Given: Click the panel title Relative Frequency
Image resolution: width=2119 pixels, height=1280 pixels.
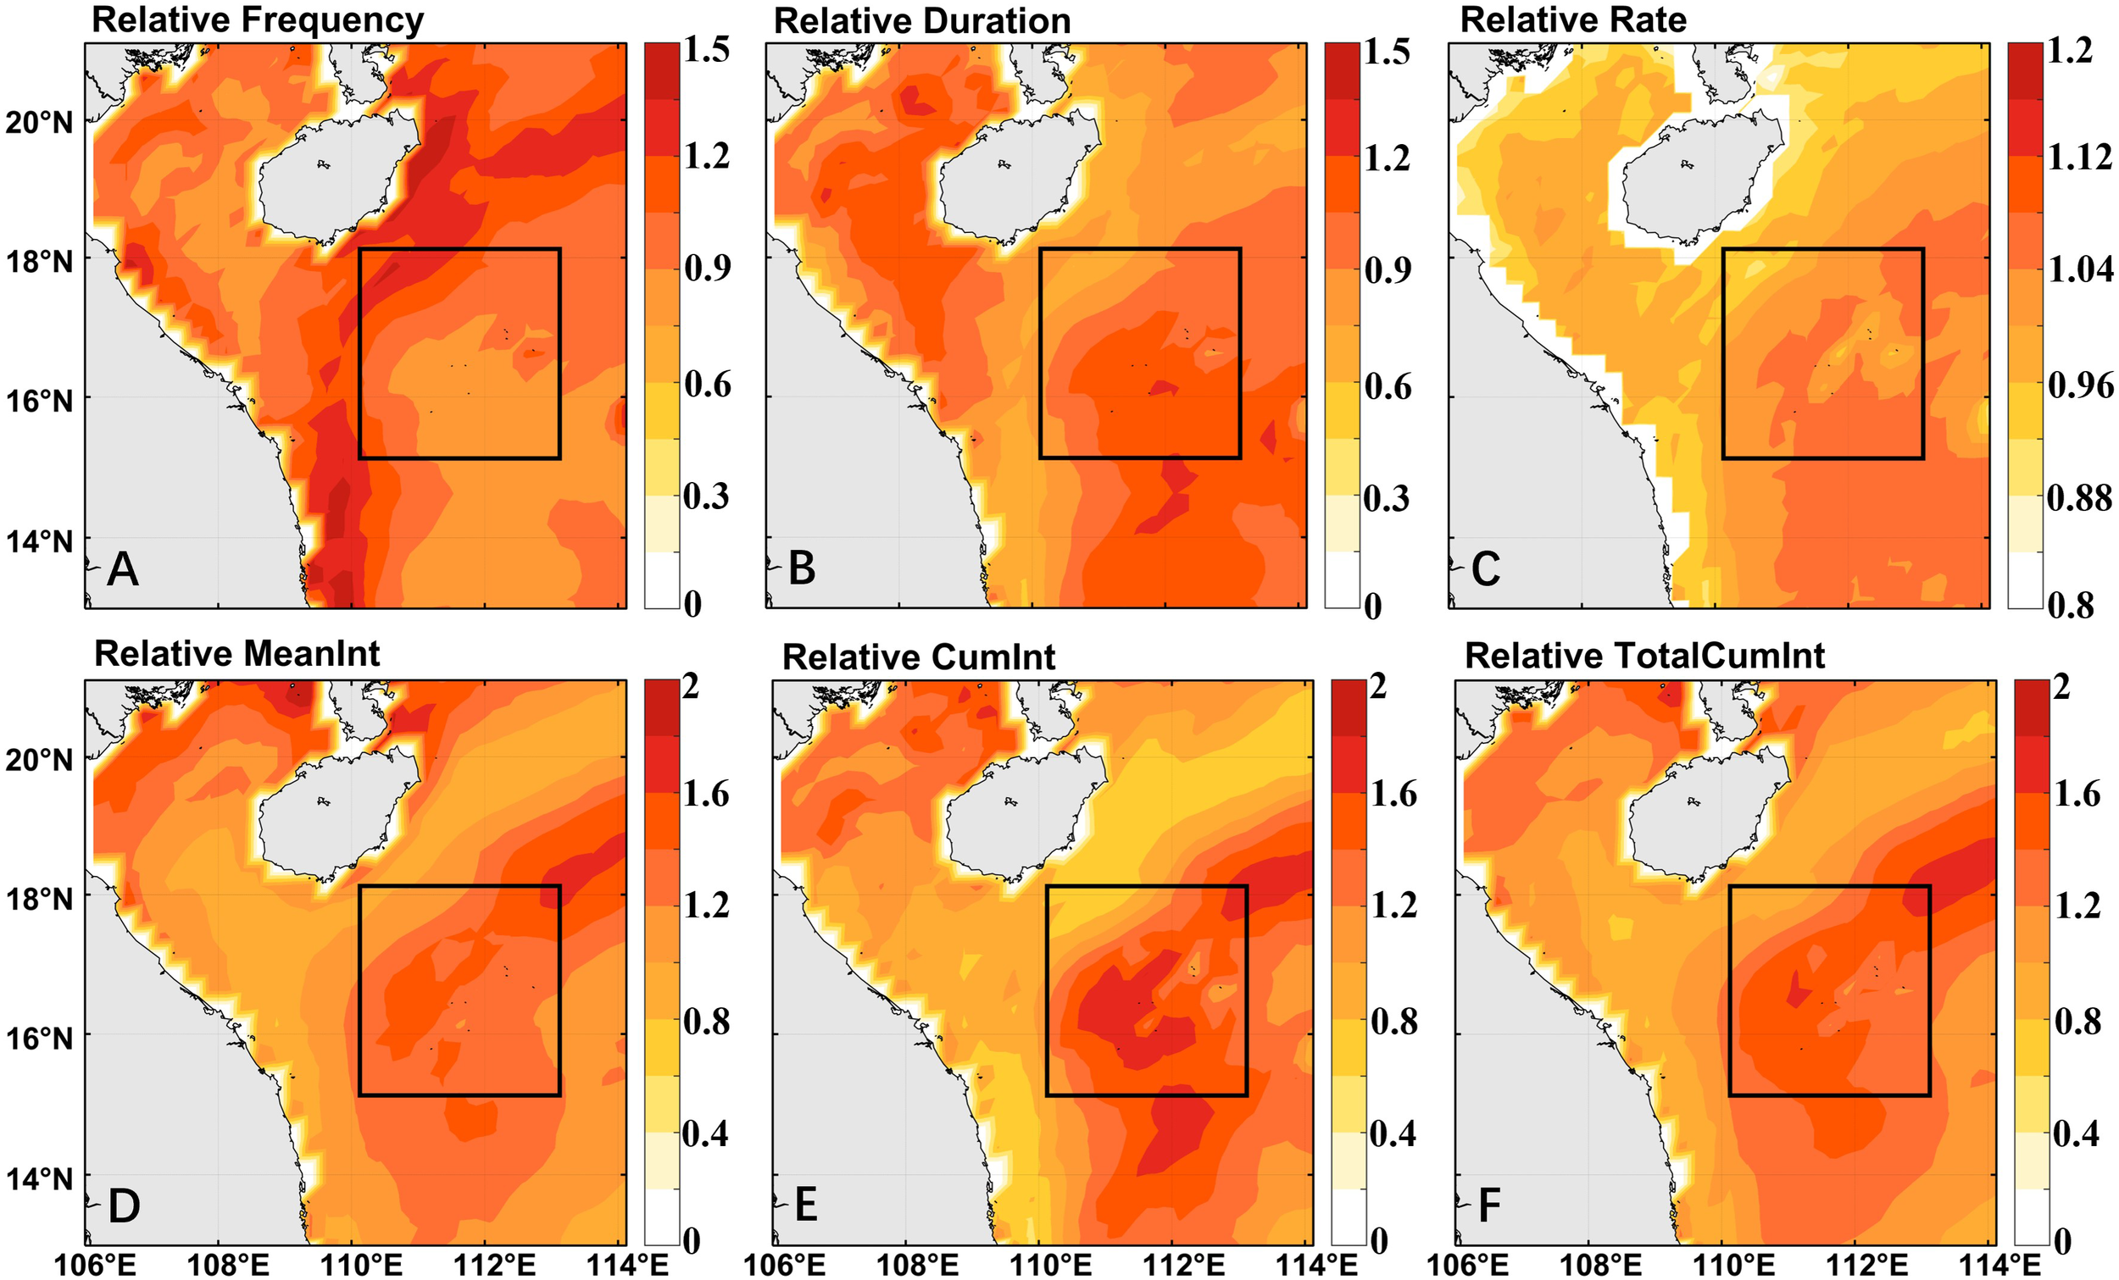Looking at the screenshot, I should [x=257, y=19].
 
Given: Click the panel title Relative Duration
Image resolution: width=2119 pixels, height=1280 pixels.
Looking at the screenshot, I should [x=922, y=20].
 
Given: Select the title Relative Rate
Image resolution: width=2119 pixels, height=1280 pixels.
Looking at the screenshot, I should [x=1573, y=19].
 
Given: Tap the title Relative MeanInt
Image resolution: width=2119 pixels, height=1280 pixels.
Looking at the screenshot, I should [x=236, y=654].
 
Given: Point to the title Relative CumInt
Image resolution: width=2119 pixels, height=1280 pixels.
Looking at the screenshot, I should [x=918, y=657].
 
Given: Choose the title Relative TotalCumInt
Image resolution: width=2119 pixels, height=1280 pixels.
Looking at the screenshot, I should [x=1644, y=656].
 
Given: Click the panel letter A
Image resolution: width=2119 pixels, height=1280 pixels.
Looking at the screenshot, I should [x=122, y=570].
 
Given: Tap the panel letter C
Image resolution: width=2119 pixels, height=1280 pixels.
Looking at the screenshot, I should [x=1485, y=570].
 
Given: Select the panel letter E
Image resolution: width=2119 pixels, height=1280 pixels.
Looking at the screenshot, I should [x=805, y=1205].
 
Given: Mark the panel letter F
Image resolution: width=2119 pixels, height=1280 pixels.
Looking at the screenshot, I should [x=1488, y=1205].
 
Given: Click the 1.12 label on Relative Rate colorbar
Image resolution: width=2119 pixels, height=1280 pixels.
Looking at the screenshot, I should [x=2078, y=158].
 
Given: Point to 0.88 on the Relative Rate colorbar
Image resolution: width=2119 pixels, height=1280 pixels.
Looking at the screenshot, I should [x=2078, y=498].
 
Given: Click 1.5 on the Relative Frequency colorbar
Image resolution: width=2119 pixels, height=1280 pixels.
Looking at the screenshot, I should [x=706, y=50].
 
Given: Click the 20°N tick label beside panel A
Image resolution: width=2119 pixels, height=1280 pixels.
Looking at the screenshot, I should [x=40, y=122].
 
